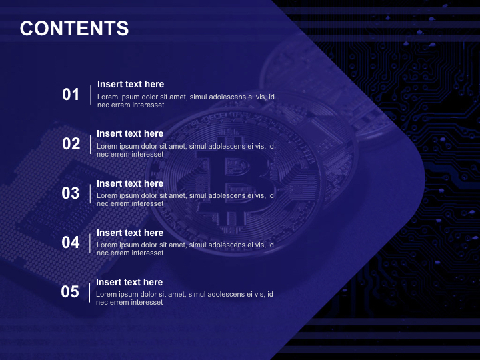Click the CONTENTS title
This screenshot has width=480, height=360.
[x=74, y=29]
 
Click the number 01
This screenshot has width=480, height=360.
[x=71, y=95]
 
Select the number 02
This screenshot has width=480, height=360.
[x=71, y=144]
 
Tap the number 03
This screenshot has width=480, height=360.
[x=71, y=193]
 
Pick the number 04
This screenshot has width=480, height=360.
[x=71, y=243]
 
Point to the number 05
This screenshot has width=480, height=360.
[x=70, y=292]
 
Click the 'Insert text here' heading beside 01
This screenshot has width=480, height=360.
[x=131, y=84]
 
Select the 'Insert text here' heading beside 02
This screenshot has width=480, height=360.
[x=130, y=133]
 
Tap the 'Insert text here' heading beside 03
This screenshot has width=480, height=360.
[x=130, y=183]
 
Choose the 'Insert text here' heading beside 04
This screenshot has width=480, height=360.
[x=130, y=233]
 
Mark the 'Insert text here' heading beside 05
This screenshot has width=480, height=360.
[x=129, y=282]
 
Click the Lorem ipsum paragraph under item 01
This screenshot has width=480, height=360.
[x=185, y=101]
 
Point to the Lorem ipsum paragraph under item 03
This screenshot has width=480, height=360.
[x=185, y=199]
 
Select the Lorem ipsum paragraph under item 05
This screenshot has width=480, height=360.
[x=184, y=298]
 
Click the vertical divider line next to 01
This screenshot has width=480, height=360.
[x=91, y=95]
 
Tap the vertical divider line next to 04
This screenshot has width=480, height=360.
[x=90, y=243]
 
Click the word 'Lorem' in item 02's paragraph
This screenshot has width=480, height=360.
[x=107, y=146]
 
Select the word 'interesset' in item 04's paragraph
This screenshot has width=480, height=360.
[x=147, y=253]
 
